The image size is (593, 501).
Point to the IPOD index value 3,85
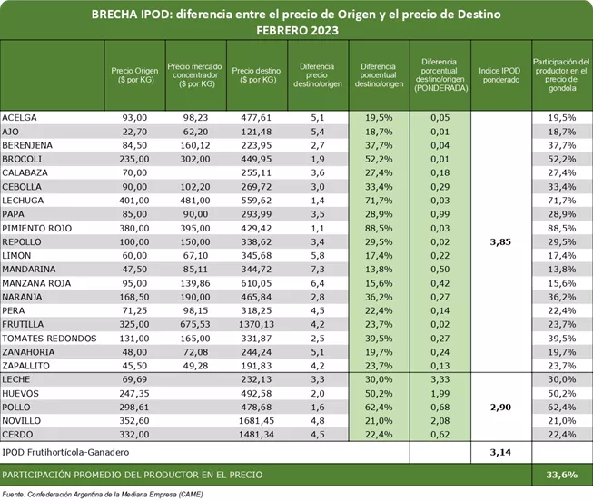501,243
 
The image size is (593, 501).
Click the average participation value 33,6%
561,474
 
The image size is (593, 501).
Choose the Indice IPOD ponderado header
501,74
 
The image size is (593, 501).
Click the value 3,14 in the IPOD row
501,452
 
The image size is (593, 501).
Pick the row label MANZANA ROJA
36,283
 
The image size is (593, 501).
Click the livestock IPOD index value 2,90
501,407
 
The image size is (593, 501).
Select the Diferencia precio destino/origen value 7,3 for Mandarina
317,270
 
